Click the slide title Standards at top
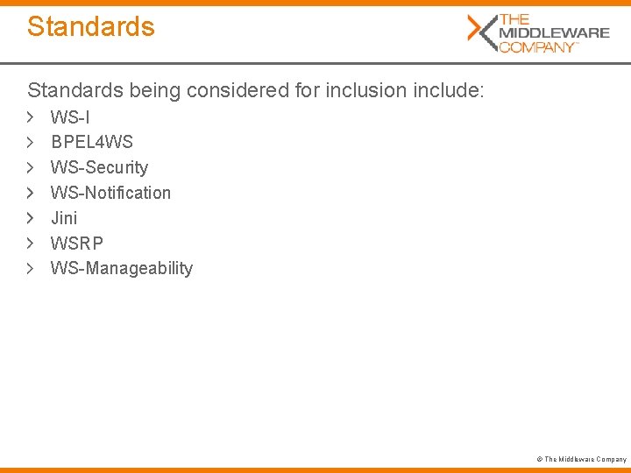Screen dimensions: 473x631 90,27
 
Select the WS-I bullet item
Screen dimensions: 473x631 70,116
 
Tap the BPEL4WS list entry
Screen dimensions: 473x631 92,142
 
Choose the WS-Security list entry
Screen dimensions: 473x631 99,167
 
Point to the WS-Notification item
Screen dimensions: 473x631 110,193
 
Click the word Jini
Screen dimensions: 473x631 64,218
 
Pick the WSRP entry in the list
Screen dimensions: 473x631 76,243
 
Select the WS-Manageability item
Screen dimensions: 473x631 121,268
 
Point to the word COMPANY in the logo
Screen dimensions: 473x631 536,46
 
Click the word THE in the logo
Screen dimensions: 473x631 514,19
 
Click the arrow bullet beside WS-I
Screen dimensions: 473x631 31,116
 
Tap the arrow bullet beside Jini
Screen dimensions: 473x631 31,217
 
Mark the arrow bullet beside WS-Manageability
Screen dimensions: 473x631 31,268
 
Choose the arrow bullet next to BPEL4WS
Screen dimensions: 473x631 31,142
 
